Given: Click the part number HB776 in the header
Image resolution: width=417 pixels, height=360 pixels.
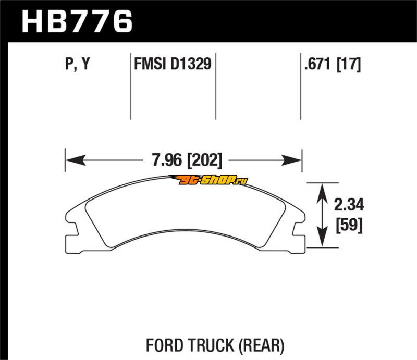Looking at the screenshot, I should pos(77,21).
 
